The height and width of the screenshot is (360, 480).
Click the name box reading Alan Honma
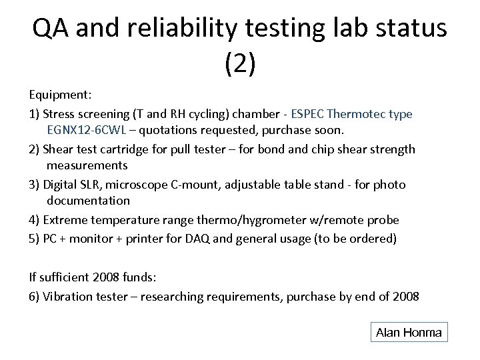(409, 332)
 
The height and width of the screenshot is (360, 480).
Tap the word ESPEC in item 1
(308, 113)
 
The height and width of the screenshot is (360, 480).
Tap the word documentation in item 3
(88, 200)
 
